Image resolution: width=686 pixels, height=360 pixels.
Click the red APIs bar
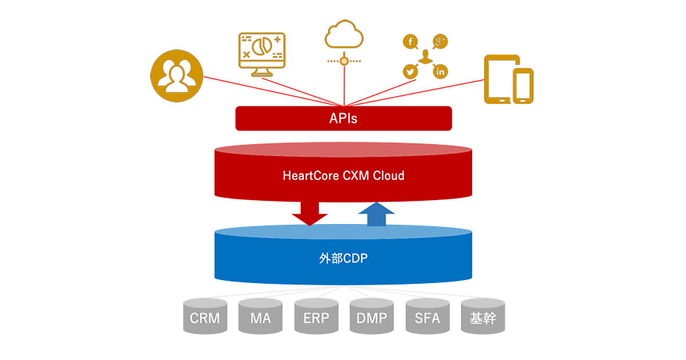pyautogui.click(x=344, y=118)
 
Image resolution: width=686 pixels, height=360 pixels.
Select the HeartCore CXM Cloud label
pyautogui.click(x=344, y=175)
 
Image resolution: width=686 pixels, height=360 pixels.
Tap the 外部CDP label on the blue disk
pyautogui.click(x=344, y=258)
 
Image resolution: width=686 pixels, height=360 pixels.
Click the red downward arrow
pyautogui.click(x=309, y=213)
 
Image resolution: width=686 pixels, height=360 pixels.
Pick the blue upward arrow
pyautogui.click(x=376, y=214)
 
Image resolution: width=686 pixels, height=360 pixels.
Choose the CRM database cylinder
pyautogui.click(x=205, y=317)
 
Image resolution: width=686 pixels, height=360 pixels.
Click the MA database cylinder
pyautogui.click(x=260, y=317)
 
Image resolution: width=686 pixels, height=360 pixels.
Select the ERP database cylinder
pyautogui.click(x=316, y=317)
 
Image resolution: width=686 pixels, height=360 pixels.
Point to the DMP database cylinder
pyautogui.click(x=372, y=317)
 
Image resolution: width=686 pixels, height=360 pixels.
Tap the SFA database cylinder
pyautogui.click(x=427, y=317)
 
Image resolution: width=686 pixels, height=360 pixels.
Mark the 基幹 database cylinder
pyautogui.click(x=483, y=317)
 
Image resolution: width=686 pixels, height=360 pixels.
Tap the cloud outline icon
pyautogui.click(x=344, y=35)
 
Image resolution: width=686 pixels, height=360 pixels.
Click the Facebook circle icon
pyautogui.click(x=410, y=42)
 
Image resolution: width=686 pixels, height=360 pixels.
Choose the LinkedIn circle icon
pyautogui.click(x=440, y=71)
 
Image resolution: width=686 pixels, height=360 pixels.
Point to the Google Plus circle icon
pyautogui.click(x=440, y=42)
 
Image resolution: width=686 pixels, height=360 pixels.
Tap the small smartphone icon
pyautogui.click(x=523, y=86)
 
